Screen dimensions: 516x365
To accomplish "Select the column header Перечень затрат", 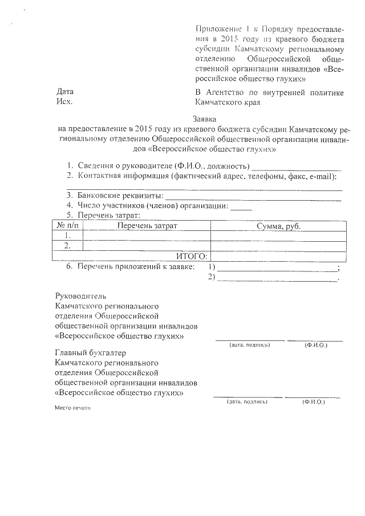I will tap(147, 226).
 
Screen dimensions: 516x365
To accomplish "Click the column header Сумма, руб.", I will tap(278, 226).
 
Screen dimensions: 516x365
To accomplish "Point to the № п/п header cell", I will tap(67, 226).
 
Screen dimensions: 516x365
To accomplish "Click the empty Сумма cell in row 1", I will tap(278, 235).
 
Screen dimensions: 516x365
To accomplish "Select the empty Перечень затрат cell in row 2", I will tap(147, 246).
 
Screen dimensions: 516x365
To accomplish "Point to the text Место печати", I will tap(72, 408).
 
